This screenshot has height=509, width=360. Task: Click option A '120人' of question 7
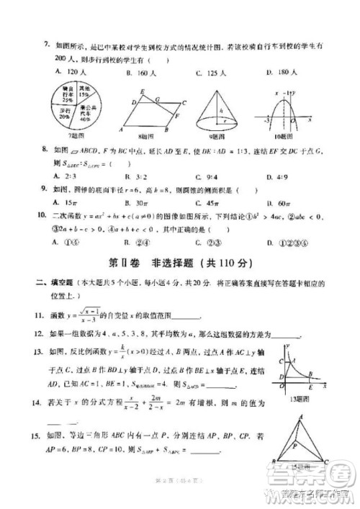(67, 73)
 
